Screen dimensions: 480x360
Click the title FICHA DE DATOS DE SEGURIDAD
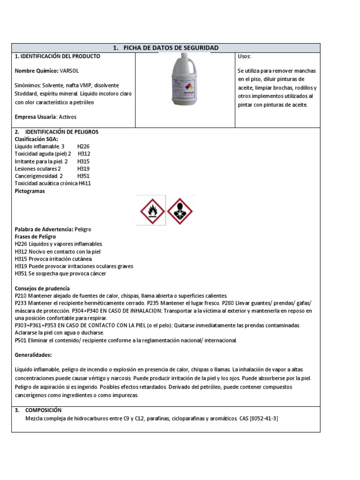point(166,48)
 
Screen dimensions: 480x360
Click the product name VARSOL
point(70,70)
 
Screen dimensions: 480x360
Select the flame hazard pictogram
point(150,210)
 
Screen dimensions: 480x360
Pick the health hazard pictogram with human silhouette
point(180,210)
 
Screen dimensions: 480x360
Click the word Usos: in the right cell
point(244,56)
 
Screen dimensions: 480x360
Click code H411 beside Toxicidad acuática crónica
point(84,183)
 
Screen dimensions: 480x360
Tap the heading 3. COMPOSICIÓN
point(43,410)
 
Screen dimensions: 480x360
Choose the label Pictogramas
point(30,191)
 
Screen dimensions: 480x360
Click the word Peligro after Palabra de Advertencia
point(82,229)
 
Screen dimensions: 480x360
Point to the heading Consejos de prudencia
point(42,288)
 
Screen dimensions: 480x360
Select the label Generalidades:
point(33,354)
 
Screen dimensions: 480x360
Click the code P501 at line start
point(21,340)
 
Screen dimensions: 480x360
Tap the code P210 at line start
point(21,296)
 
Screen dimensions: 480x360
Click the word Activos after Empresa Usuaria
point(68,117)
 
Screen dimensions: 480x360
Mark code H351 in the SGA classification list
point(83,176)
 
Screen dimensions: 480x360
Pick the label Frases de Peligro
point(35,237)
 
